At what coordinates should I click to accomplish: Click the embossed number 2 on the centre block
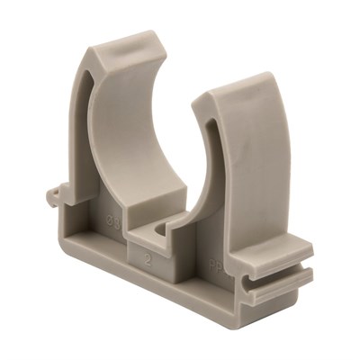(x=148, y=256)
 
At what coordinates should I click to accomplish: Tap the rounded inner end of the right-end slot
(x=255, y=274)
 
